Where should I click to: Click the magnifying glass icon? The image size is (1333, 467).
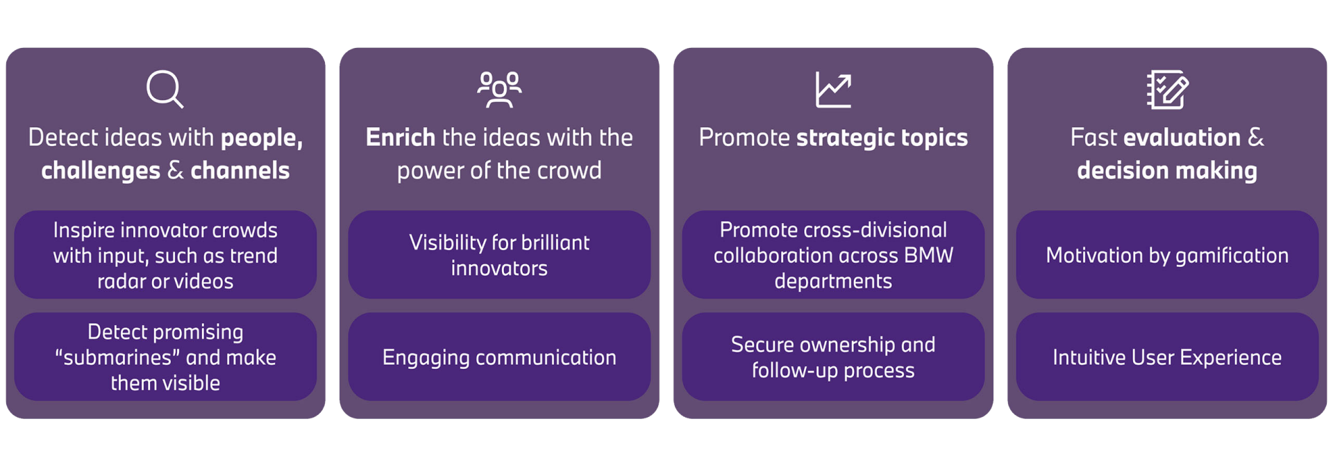165,89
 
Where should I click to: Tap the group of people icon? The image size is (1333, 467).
499,90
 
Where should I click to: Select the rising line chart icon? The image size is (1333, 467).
833,90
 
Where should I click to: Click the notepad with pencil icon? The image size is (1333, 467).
1167,90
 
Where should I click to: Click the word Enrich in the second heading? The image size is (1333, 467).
401,138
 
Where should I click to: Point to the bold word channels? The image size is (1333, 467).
240,171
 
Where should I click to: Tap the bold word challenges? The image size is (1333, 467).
101,171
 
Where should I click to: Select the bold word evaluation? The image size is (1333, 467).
1182,138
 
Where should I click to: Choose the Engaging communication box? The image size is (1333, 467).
499,357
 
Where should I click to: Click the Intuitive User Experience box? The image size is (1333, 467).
1167,357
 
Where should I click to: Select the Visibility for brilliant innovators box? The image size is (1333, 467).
499,255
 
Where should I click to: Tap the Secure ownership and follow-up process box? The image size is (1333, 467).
833,357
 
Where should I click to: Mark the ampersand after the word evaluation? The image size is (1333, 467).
1256,138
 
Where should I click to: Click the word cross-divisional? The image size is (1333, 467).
870,230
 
